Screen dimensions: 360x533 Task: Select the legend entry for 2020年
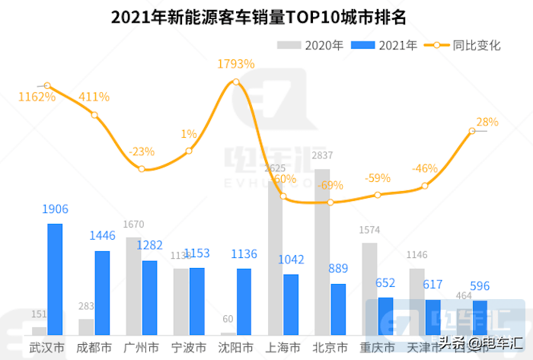[x=311, y=46]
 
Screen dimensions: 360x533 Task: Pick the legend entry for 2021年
[x=385, y=46]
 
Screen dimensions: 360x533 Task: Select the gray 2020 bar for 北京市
[x=322, y=252]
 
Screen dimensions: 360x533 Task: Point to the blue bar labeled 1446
[x=102, y=293]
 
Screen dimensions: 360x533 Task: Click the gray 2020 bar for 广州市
[x=133, y=286]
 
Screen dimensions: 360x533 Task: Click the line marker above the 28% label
[x=472, y=131]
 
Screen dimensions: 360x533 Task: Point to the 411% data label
[x=94, y=97]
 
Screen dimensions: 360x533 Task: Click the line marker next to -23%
[x=142, y=168]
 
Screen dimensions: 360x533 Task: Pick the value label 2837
[x=322, y=157]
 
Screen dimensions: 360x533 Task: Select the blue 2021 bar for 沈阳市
[x=244, y=301]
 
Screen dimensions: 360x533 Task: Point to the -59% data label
[x=378, y=178]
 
